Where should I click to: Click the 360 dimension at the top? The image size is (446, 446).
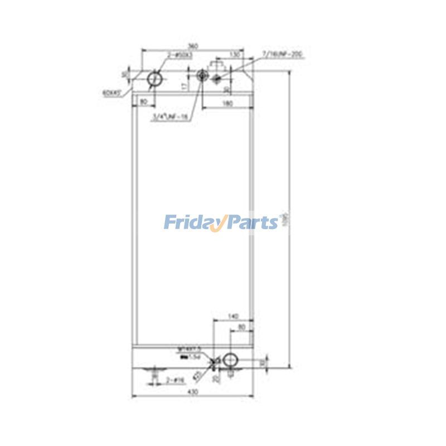coord(193,45)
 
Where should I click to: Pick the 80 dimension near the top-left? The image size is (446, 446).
coord(143,101)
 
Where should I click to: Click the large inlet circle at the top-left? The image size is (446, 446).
coord(154,81)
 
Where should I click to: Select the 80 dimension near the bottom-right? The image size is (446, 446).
coord(242,327)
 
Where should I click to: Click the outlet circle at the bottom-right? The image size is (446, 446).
coord(230,360)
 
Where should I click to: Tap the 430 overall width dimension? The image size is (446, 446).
coord(193,392)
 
